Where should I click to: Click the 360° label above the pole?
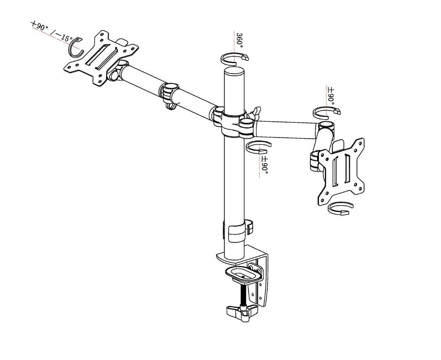(239, 40)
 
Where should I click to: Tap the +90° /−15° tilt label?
(51, 32)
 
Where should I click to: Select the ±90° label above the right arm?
(330, 95)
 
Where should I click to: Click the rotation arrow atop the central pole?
(234, 58)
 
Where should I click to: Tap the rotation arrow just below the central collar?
(256, 147)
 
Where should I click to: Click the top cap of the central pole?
(234, 71)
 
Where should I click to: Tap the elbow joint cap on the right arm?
(327, 127)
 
